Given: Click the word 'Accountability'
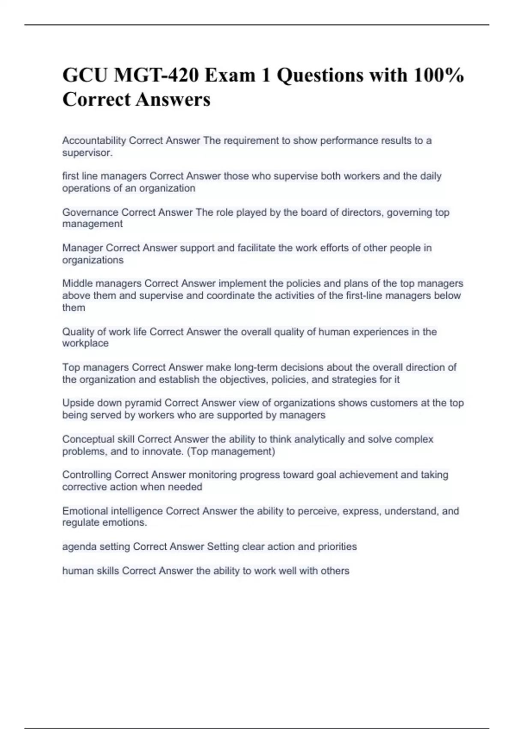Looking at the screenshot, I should [x=94, y=141].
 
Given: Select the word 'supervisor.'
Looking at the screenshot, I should [x=87, y=153].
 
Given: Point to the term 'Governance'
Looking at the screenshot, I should [x=90, y=212].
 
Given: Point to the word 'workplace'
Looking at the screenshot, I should [x=85, y=343].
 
